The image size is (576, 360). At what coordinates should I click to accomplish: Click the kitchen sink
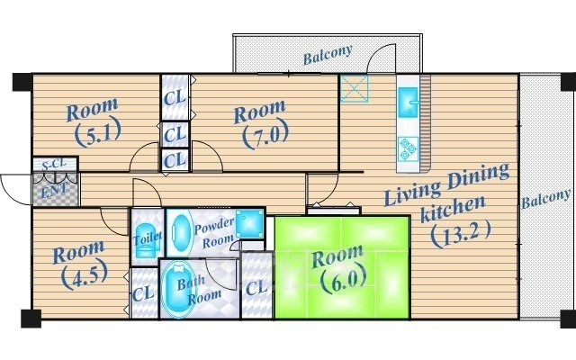pyautogui.click(x=408, y=103)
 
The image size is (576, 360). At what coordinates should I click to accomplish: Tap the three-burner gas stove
pyautogui.click(x=408, y=149)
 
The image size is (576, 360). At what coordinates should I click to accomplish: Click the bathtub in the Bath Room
pyautogui.click(x=177, y=289)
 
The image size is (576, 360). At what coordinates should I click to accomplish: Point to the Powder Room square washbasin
pyautogui.click(x=249, y=223)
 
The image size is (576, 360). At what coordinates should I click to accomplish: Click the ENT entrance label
pyautogui.click(x=54, y=191)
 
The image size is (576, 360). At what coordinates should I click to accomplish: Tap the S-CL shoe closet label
pyautogui.click(x=54, y=164)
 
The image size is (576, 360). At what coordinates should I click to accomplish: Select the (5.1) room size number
pyautogui.click(x=98, y=134)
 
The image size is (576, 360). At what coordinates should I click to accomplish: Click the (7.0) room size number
pyautogui.click(x=265, y=136)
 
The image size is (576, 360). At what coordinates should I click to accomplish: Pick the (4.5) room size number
pyautogui.click(x=84, y=275)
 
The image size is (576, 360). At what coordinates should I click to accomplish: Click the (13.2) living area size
pyautogui.click(x=460, y=234)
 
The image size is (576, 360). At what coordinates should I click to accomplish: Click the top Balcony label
pyautogui.click(x=328, y=54)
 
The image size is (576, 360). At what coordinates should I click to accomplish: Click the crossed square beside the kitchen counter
pyautogui.click(x=354, y=88)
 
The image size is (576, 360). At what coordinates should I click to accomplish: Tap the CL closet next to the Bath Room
pyautogui.click(x=144, y=293)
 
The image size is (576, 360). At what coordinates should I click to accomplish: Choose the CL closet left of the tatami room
pyautogui.click(x=256, y=286)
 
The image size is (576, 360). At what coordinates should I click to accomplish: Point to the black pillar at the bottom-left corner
pyautogui.click(x=31, y=318)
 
